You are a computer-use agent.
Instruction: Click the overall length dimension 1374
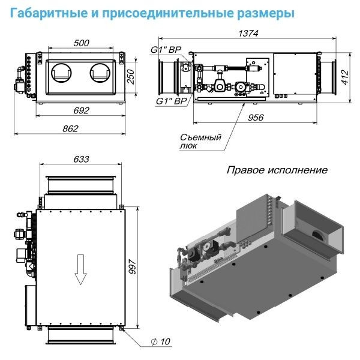click(247, 34)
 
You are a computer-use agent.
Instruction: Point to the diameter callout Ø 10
click(161, 341)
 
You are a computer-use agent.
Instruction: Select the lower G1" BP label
click(170, 102)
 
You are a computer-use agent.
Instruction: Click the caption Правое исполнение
click(277, 170)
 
